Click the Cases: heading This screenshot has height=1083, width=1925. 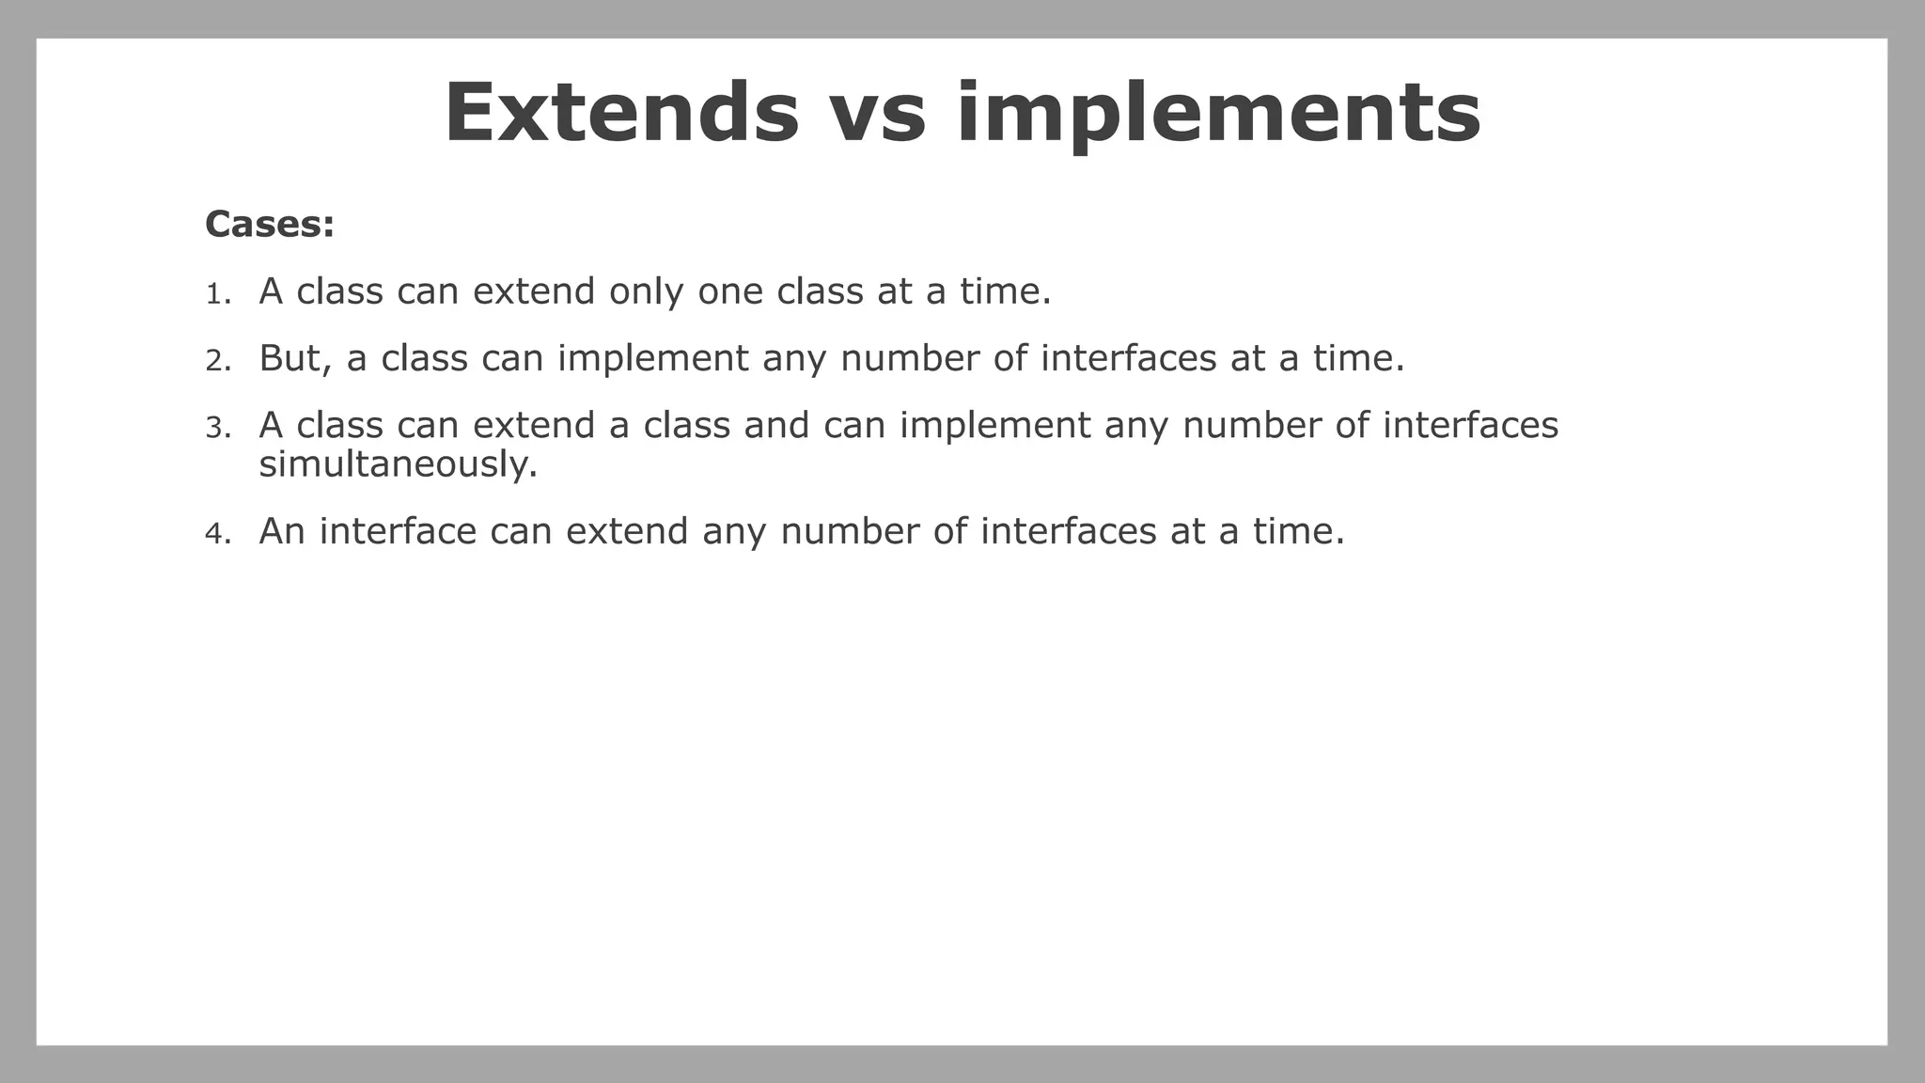coord(270,225)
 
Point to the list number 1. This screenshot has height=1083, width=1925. coord(217,294)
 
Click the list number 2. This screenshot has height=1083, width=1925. coord(217,361)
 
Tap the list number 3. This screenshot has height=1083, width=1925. coord(217,429)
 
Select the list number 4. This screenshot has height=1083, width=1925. coord(217,534)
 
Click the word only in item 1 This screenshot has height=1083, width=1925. coord(646,291)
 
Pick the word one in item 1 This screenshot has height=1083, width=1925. coord(730,291)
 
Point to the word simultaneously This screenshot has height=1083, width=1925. coord(398,464)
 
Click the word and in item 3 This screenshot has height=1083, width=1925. coord(776,425)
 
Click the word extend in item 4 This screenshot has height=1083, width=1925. coord(627,531)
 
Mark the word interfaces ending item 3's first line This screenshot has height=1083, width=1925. coord(1470,425)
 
